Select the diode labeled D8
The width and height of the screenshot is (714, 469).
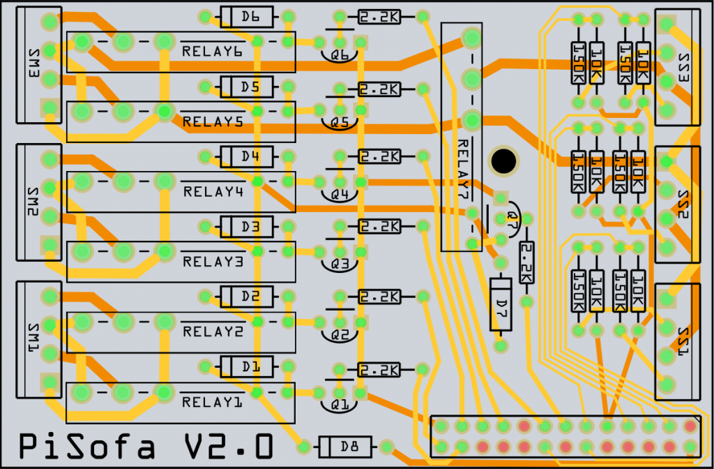click(x=344, y=445)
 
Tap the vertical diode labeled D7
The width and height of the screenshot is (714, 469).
click(x=500, y=304)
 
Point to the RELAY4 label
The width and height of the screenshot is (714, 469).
click(x=213, y=192)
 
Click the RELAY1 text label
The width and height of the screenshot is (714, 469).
click(x=213, y=403)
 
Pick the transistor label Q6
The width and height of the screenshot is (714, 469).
click(x=340, y=54)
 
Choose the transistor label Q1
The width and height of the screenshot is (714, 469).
click(x=340, y=404)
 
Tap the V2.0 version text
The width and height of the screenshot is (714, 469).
click(x=227, y=447)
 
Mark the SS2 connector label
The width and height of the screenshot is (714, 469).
click(x=682, y=205)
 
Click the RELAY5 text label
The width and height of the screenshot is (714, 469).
click(x=213, y=121)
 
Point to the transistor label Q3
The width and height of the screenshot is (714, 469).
click(x=340, y=265)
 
